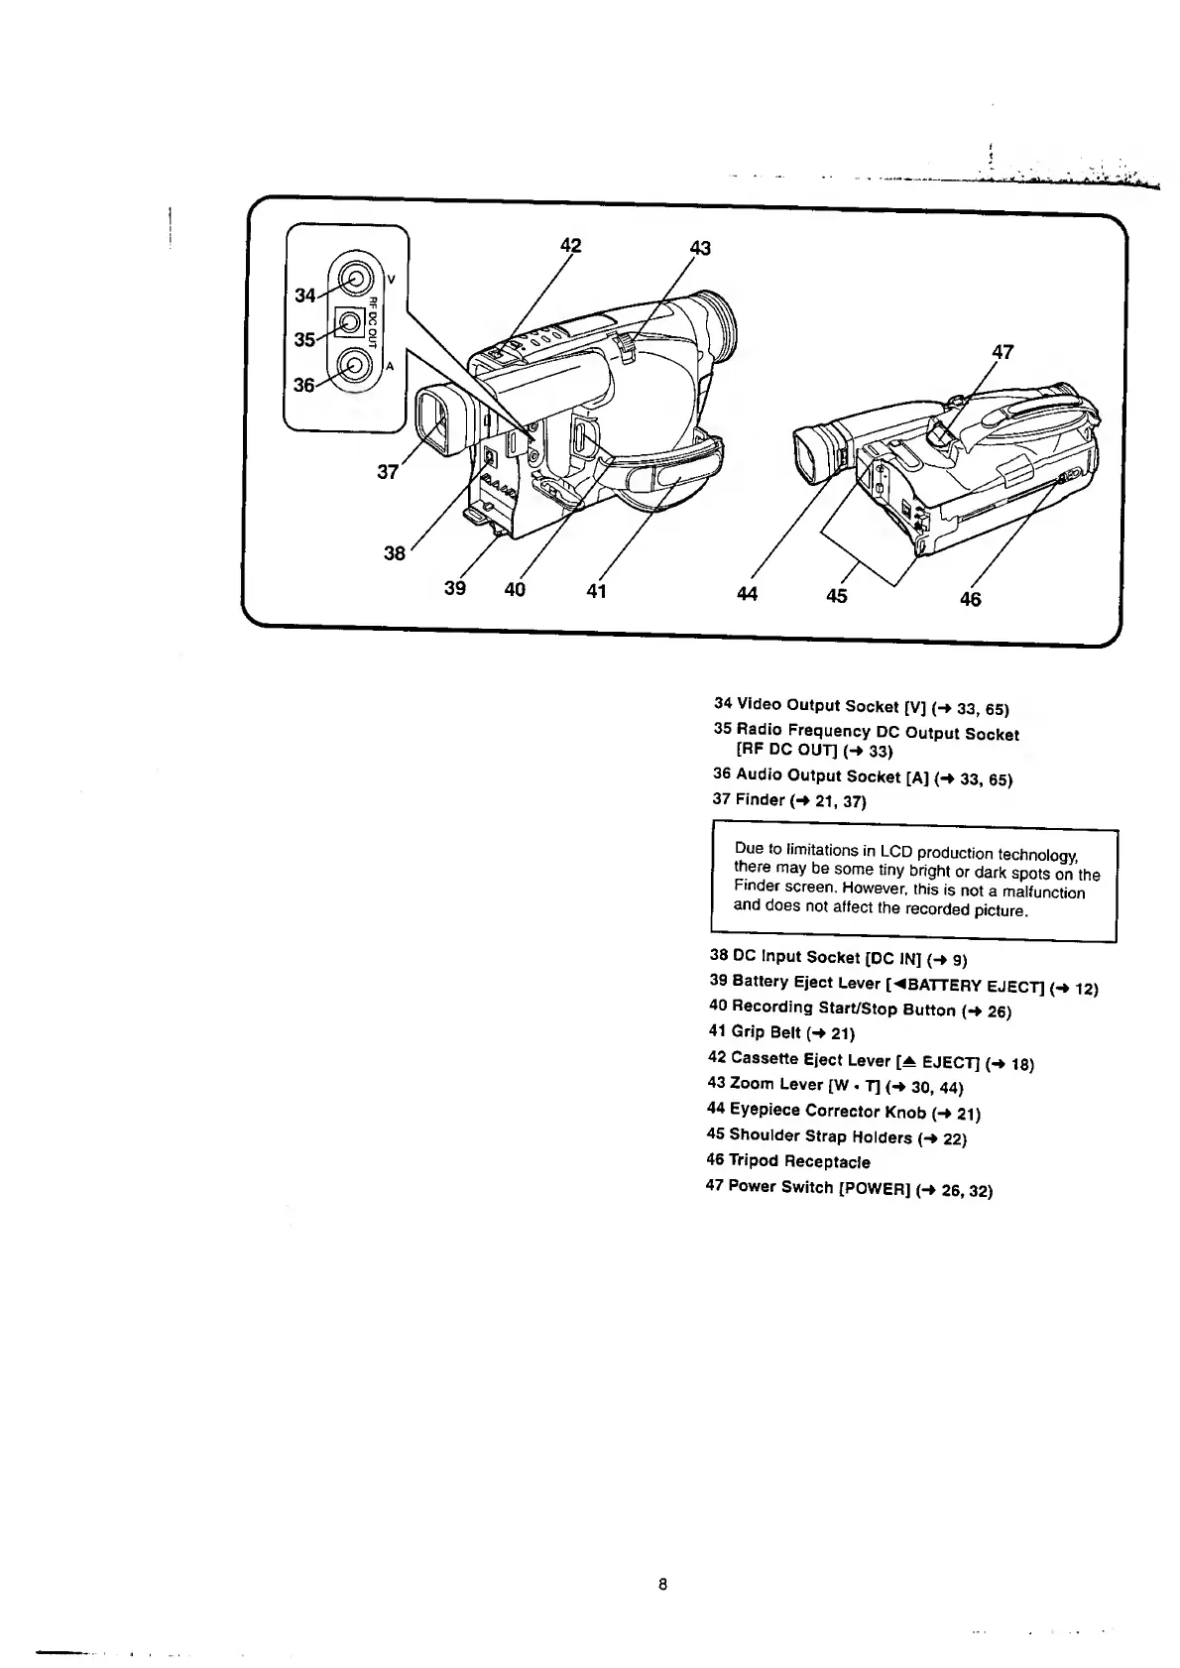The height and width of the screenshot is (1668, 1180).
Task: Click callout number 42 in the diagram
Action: pyautogui.click(x=570, y=246)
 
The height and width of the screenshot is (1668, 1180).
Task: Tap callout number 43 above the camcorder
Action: pyautogui.click(x=699, y=248)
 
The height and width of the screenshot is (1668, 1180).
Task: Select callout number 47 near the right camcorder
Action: pyautogui.click(x=1003, y=352)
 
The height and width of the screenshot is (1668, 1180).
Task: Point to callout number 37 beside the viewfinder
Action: pyautogui.click(x=388, y=473)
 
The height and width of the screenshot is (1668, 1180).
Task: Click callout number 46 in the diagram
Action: pyautogui.click(x=970, y=598)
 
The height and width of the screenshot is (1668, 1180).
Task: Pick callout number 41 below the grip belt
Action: pyautogui.click(x=595, y=592)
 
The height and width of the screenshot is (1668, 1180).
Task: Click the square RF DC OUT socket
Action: pyautogui.click(x=349, y=322)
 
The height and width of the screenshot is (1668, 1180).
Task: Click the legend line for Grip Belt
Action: pyautogui.click(x=782, y=1033)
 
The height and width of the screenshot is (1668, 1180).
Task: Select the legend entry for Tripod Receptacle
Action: pyautogui.click(x=788, y=1161)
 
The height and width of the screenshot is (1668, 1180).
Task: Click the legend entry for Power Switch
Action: pyautogui.click(x=848, y=1188)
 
